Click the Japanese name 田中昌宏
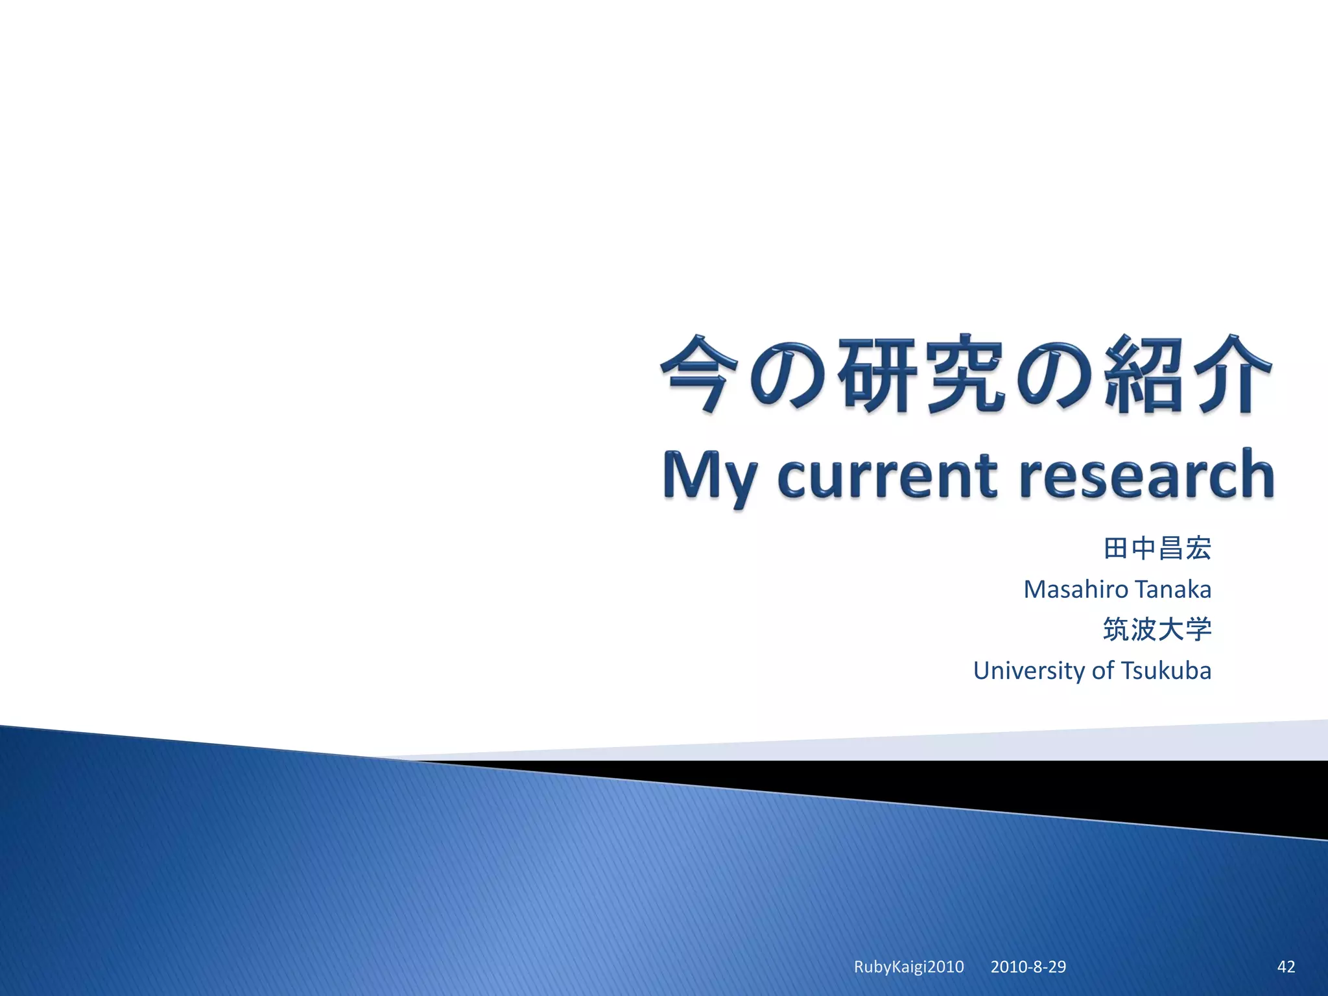(x=1157, y=549)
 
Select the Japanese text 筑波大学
(x=1157, y=630)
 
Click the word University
(x=1028, y=670)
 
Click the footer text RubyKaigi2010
(x=908, y=967)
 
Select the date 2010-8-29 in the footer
(x=1028, y=967)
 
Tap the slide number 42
(x=1286, y=967)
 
